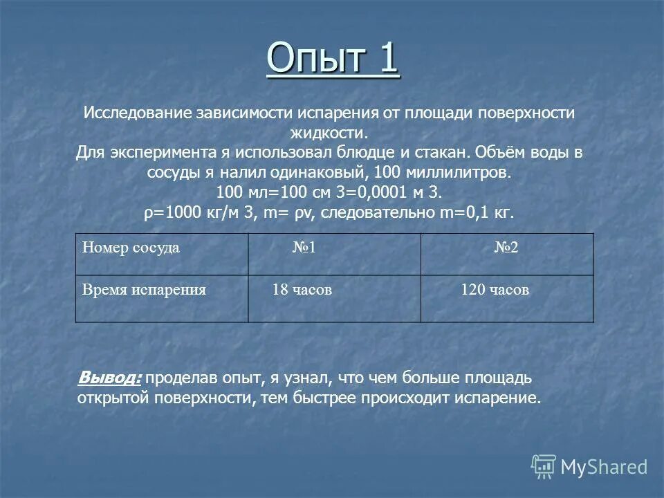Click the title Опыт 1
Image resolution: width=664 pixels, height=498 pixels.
pos(332,59)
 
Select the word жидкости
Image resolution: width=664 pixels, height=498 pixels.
pos(333,132)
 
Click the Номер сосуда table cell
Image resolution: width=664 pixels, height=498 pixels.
pos(131,248)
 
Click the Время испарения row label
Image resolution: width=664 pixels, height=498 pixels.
pos(144,290)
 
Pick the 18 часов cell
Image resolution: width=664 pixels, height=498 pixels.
pos(302,290)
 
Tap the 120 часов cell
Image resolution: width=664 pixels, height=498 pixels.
pos(495,290)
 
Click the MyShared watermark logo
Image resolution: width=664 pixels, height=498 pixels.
pos(589,467)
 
